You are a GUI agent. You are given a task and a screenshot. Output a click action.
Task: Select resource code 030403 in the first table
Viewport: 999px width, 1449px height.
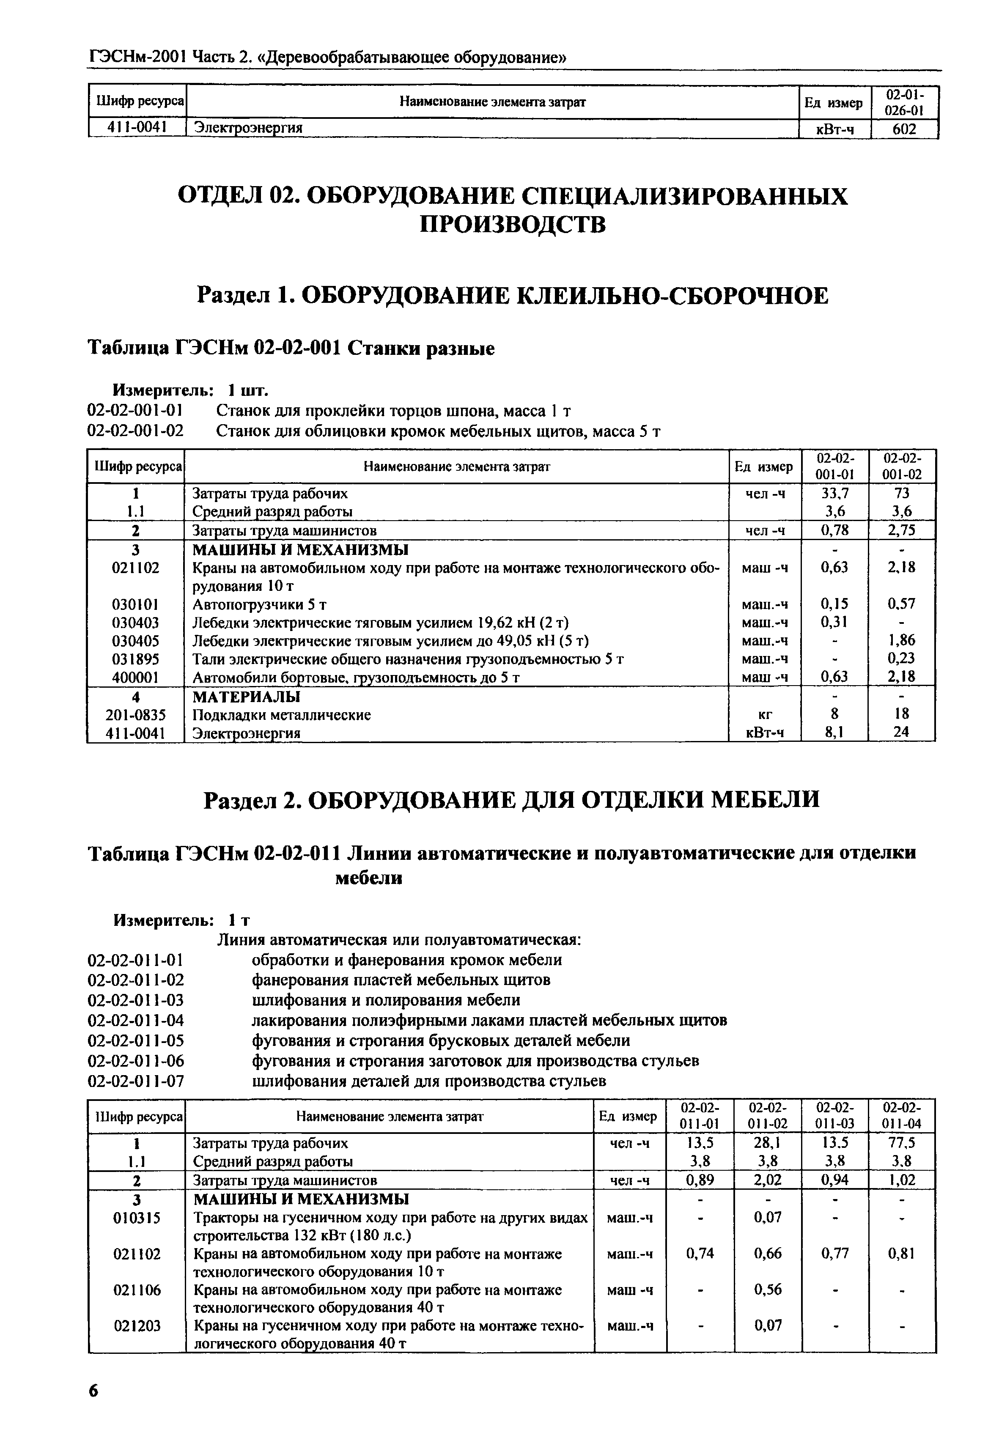[135, 623]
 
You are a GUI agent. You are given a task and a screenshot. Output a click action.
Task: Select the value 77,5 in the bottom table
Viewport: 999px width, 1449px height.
[902, 1143]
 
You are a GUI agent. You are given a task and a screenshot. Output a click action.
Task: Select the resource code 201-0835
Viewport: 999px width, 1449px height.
[135, 714]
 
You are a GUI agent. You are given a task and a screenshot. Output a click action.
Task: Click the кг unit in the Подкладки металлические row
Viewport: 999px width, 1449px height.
[764, 714]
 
